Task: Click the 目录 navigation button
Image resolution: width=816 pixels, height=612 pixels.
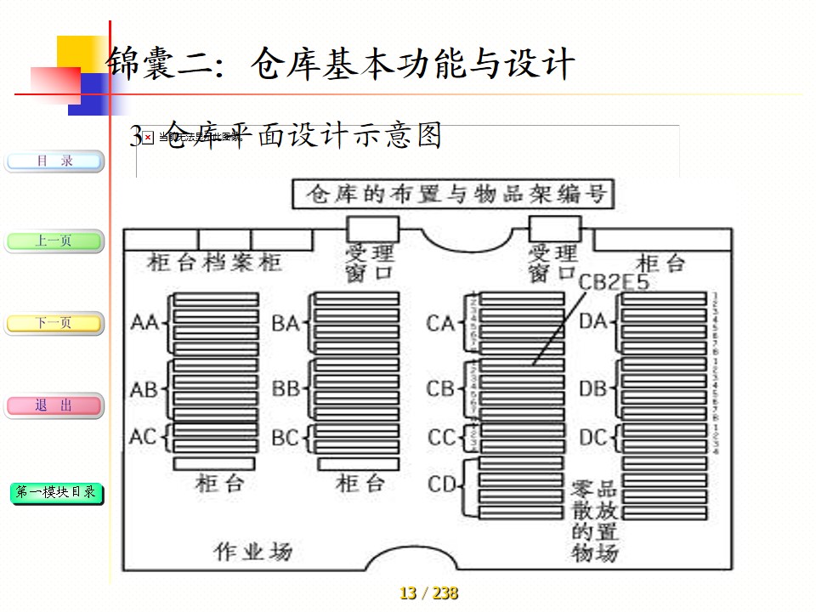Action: pyautogui.click(x=54, y=161)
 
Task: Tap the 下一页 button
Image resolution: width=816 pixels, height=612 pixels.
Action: pyautogui.click(x=54, y=323)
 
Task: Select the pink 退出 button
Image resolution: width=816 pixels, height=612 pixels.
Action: pyautogui.click(x=54, y=405)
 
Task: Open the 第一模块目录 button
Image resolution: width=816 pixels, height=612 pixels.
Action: pyautogui.click(x=56, y=492)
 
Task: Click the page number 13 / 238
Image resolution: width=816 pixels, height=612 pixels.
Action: pyautogui.click(x=428, y=593)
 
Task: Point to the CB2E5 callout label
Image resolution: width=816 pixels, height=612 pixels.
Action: pyautogui.click(x=613, y=281)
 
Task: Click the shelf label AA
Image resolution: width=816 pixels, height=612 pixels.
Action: pyautogui.click(x=145, y=323)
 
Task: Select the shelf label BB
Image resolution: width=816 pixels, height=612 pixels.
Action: pyautogui.click(x=286, y=389)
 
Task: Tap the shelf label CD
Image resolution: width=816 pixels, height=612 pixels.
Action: pyautogui.click(x=443, y=484)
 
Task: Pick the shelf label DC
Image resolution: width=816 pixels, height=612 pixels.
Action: pyautogui.click(x=592, y=438)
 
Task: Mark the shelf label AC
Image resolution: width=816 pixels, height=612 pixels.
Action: pyautogui.click(x=144, y=437)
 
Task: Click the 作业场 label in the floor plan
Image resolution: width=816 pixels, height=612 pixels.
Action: pyautogui.click(x=253, y=552)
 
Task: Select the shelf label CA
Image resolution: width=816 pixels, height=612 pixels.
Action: pyautogui.click(x=441, y=323)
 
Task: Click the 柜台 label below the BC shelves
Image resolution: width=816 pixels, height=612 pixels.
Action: pyautogui.click(x=360, y=484)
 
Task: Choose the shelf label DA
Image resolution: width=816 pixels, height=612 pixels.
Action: pyautogui.click(x=592, y=321)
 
